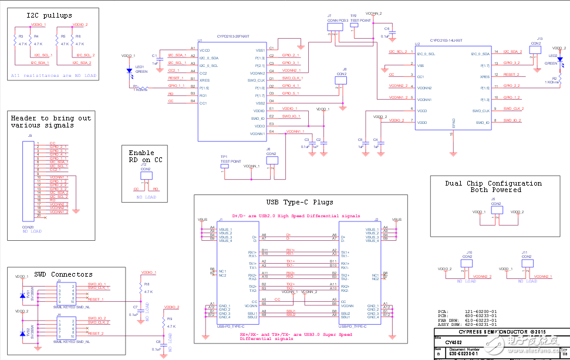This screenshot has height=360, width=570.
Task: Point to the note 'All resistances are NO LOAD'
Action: (x=53, y=75)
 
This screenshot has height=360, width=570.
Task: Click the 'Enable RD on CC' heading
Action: (x=146, y=156)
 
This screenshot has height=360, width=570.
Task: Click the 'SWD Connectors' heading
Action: (x=63, y=274)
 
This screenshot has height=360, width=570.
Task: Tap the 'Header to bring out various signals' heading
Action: (x=51, y=122)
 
